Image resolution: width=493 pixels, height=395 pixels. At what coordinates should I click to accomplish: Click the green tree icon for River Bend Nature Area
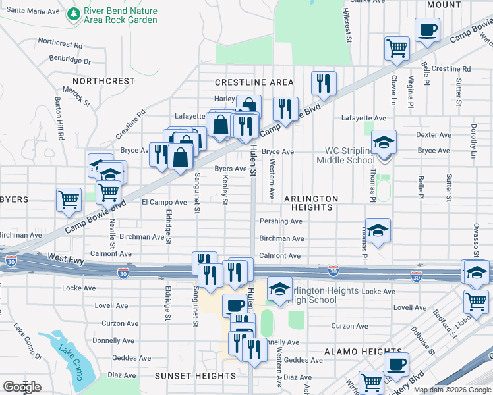(73, 15)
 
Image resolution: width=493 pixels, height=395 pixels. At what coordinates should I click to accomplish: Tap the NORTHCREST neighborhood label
(103, 81)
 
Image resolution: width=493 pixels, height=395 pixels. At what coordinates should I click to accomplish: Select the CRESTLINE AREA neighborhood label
(254, 82)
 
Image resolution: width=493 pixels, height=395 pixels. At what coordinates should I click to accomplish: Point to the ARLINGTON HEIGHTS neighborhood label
(311, 203)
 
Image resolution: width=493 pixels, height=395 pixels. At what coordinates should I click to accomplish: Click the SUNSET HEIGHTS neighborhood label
(195, 376)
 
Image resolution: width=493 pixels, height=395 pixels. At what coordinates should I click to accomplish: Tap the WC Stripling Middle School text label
(346, 155)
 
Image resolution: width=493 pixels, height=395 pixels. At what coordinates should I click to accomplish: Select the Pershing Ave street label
(281, 221)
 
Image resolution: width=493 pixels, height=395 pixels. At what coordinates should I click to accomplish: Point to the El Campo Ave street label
(164, 202)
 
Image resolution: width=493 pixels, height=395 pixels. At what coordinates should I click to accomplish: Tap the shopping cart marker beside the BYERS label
(69, 200)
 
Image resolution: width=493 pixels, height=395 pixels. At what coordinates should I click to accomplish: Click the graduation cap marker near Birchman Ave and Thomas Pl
(378, 230)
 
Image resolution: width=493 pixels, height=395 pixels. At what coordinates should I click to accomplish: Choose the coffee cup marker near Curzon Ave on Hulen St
(235, 305)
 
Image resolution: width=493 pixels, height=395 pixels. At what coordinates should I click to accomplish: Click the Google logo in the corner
(22, 386)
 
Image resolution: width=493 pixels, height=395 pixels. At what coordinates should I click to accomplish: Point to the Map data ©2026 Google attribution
(452, 390)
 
